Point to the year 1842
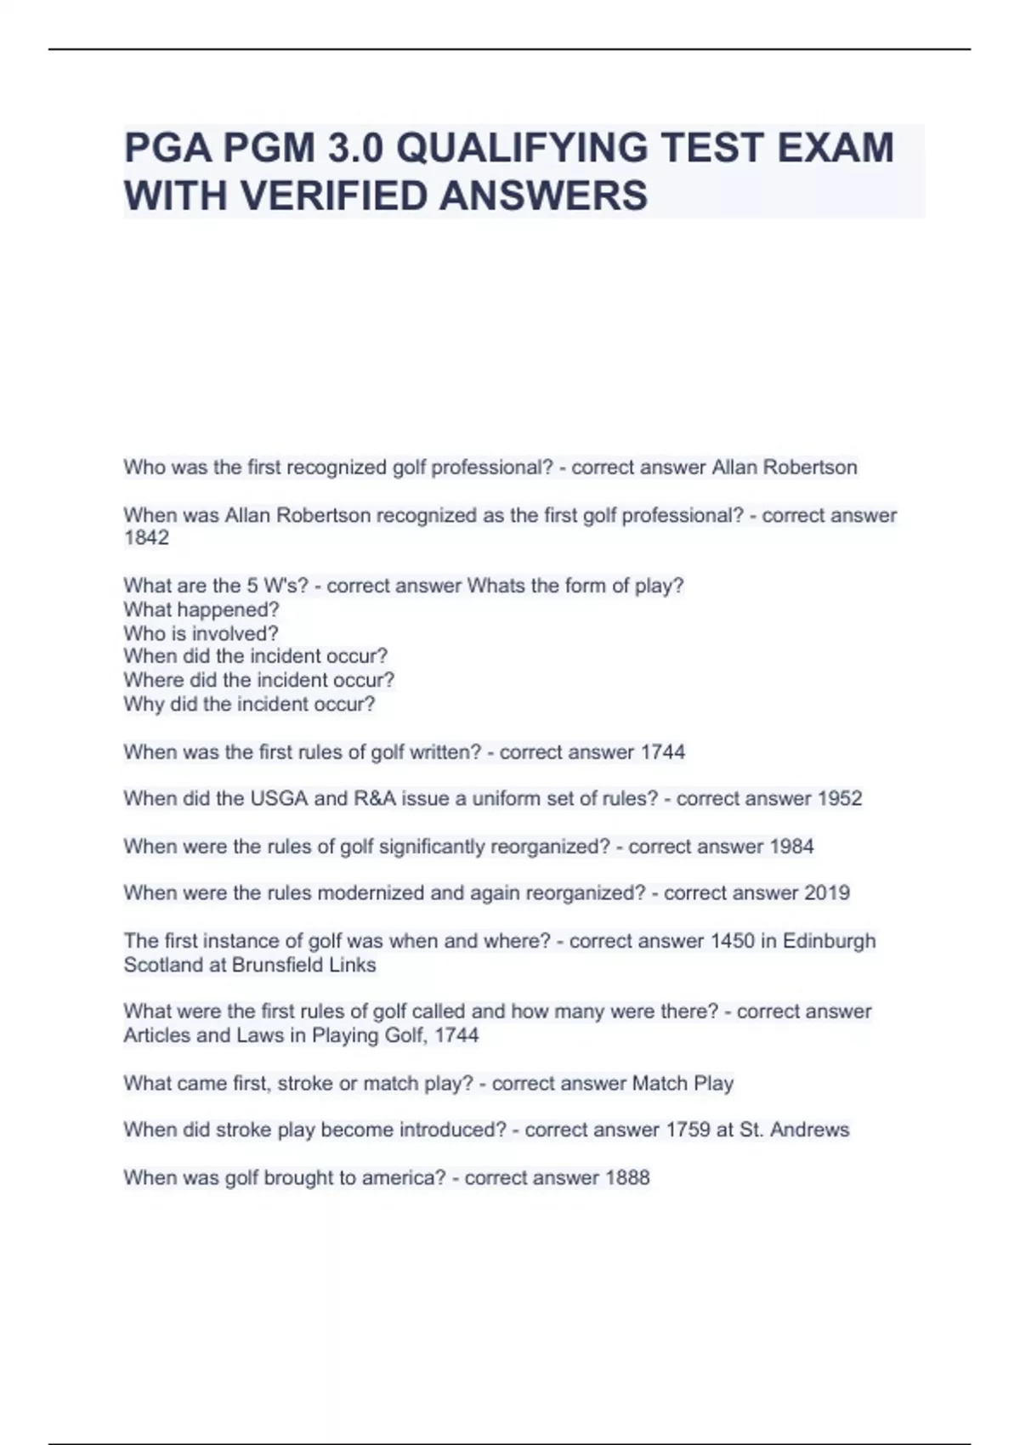pos(146,538)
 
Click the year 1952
pos(840,799)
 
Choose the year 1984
pos(791,847)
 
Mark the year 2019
pos(827,893)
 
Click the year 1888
pos(627,1178)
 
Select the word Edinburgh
pos(829,941)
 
